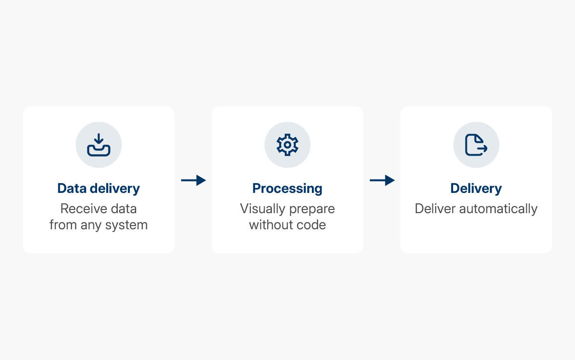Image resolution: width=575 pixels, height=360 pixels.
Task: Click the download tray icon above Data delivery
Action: (x=99, y=145)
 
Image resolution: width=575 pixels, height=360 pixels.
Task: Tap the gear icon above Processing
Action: (x=287, y=145)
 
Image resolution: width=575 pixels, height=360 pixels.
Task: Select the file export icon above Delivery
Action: (x=476, y=145)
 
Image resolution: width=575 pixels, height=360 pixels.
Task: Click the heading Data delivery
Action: (x=98, y=188)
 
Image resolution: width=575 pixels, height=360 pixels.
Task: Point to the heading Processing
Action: (x=287, y=188)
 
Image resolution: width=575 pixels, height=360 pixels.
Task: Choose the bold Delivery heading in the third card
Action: (x=476, y=188)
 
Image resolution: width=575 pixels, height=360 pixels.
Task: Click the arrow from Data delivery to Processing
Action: (x=193, y=180)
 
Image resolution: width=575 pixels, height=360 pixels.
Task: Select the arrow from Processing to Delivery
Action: (x=382, y=180)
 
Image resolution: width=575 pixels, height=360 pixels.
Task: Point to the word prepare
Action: (x=312, y=209)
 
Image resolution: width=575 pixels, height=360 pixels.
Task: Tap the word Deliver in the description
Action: (x=434, y=209)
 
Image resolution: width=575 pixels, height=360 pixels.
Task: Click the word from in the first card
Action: (x=62, y=225)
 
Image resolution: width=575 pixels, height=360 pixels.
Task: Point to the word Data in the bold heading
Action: (x=71, y=188)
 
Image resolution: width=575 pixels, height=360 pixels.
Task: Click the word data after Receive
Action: (x=123, y=209)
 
